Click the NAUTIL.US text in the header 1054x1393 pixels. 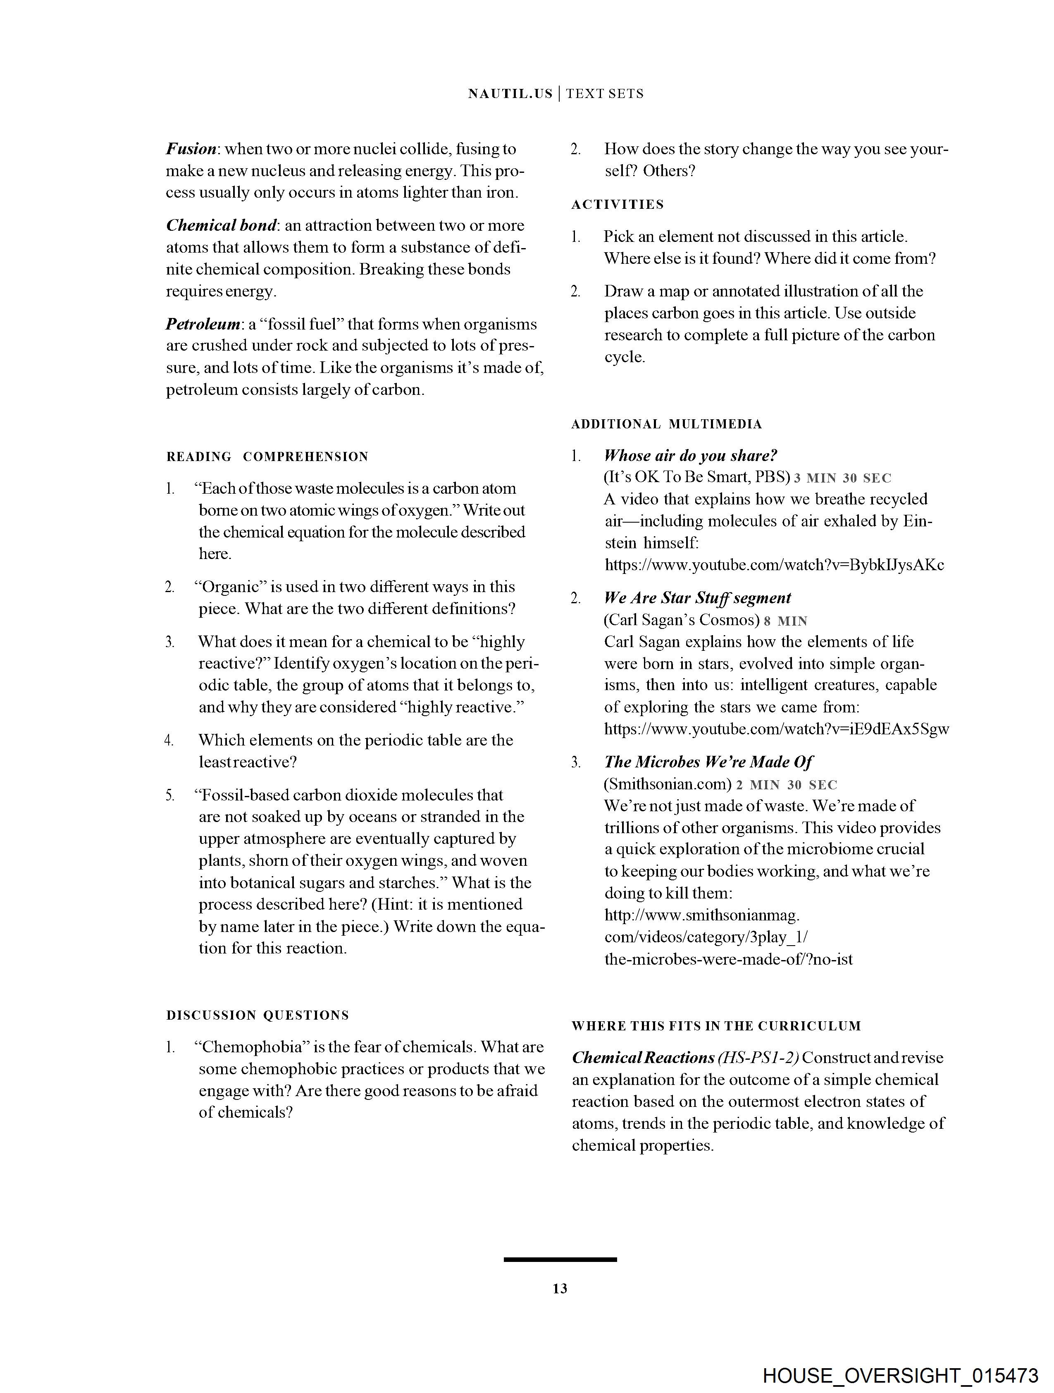510,94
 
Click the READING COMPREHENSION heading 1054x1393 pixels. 267,456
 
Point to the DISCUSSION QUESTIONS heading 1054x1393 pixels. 258,1015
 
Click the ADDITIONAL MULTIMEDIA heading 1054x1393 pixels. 667,425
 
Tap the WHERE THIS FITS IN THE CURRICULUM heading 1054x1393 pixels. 716,1026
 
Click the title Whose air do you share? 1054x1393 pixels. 691,456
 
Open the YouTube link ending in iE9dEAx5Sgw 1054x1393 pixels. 776,729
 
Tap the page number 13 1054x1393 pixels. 560,1288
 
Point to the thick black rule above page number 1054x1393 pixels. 560,1259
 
